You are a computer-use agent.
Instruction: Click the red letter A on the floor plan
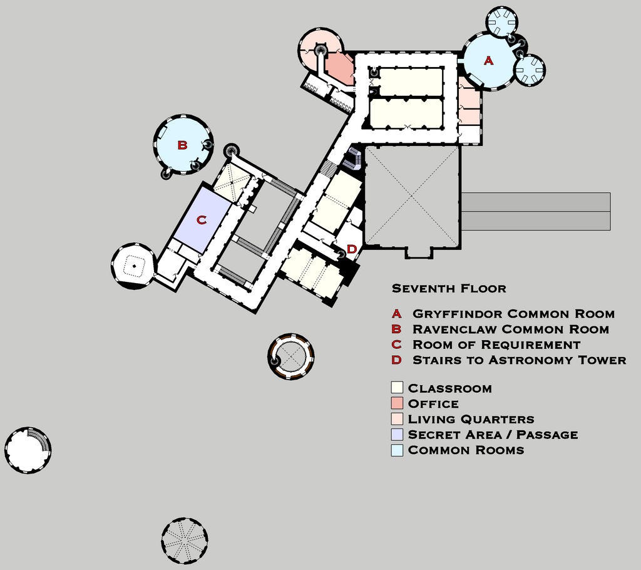(489, 61)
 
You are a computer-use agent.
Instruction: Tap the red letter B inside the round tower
(182, 145)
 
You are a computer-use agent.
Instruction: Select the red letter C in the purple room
(201, 220)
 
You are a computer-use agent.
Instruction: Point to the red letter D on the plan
(352, 249)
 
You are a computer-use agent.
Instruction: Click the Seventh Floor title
(449, 289)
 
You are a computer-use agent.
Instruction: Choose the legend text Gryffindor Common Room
(513, 314)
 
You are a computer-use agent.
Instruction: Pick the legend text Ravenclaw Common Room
(510, 329)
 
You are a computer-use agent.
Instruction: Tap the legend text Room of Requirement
(496, 345)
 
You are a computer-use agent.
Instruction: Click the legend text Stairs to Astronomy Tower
(519, 360)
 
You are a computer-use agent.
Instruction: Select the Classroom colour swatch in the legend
(397, 388)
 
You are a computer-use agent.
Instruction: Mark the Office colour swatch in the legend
(397, 403)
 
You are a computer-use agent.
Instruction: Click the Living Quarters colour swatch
(397, 419)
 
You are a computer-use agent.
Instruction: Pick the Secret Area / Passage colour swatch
(397, 434)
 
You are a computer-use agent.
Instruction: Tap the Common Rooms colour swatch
(397, 450)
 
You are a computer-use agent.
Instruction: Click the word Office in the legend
(433, 404)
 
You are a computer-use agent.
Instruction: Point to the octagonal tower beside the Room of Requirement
(133, 266)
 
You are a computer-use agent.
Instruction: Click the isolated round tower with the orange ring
(290, 356)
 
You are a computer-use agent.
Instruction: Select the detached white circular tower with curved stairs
(28, 450)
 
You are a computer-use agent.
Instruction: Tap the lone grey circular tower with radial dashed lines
(184, 540)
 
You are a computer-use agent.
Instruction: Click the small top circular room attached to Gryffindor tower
(502, 22)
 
